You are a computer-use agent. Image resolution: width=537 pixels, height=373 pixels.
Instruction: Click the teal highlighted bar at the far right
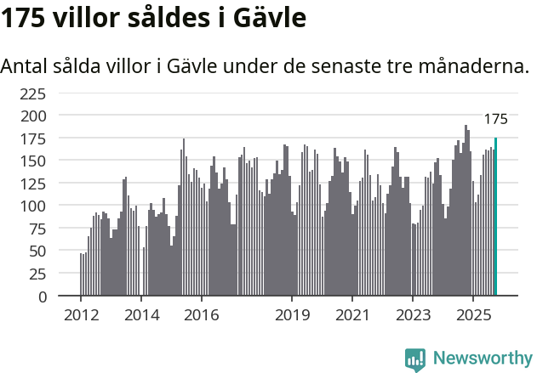pos(495,217)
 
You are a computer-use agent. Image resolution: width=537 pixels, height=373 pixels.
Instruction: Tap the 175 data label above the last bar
pos(495,119)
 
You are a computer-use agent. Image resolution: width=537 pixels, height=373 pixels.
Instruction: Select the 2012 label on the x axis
pos(81,315)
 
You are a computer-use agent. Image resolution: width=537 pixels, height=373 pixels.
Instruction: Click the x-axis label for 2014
pos(141,315)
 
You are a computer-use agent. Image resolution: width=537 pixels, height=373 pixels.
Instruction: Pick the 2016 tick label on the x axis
pos(201,315)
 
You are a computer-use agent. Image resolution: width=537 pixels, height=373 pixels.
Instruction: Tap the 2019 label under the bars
pos(292,315)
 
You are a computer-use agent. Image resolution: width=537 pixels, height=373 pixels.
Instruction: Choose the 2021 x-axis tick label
pos(351,315)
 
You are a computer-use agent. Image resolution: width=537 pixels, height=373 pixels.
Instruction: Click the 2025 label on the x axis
pos(472,315)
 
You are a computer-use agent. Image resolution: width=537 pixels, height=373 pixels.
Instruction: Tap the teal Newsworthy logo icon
pos(415,359)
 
